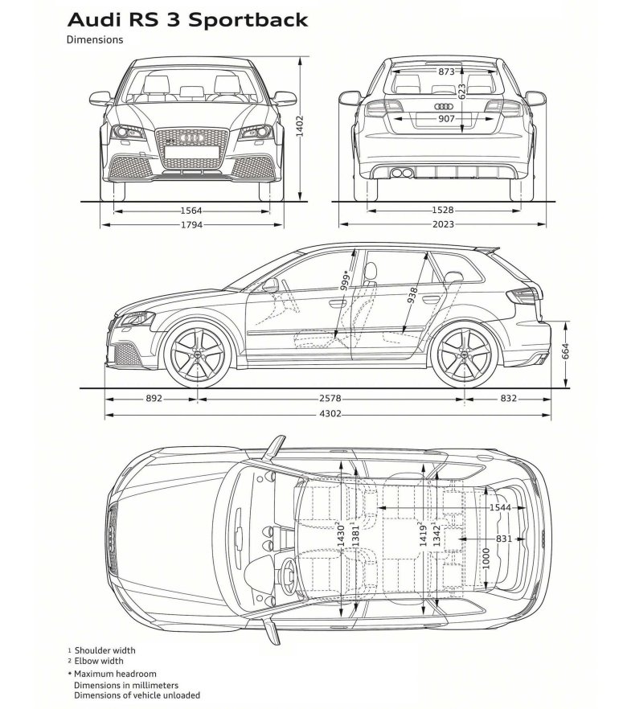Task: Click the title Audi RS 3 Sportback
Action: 187,18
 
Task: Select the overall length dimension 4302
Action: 330,415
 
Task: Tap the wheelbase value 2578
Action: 330,398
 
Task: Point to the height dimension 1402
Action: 299,126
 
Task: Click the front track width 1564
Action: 191,211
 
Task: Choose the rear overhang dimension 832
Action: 508,398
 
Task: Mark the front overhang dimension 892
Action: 154,398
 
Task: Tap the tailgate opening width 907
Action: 446,119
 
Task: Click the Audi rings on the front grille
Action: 191,139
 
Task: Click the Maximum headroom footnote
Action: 115,673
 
